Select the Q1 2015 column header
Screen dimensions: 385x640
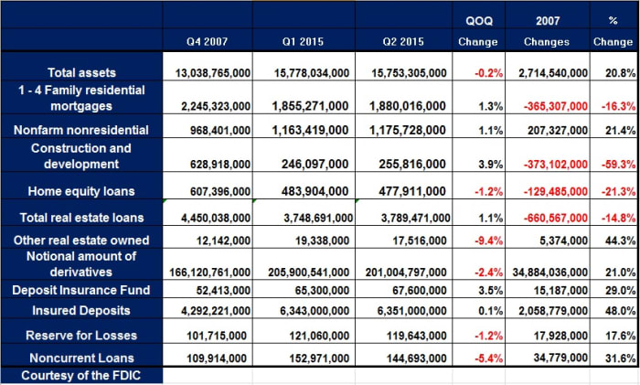pos(305,42)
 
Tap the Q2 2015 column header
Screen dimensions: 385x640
pos(406,42)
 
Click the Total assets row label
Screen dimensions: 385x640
pos(81,72)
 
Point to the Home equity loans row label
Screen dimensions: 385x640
pos(81,190)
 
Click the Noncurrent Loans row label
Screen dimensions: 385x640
pos(81,357)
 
